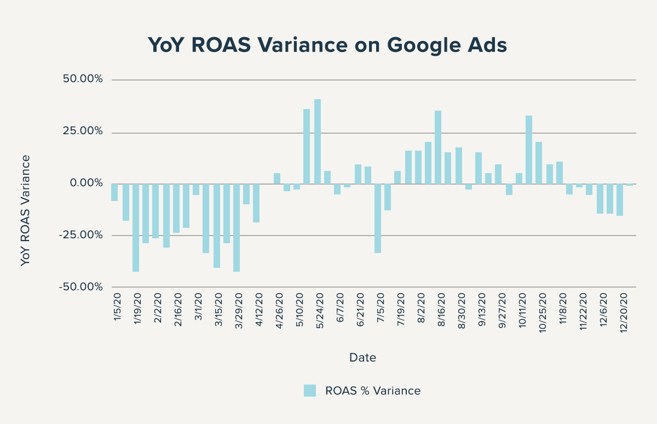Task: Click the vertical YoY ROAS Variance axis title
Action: tap(25, 210)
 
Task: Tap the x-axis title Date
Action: tap(362, 358)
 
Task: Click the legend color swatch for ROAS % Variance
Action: tap(310, 391)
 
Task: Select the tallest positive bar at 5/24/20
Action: tap(318, 141)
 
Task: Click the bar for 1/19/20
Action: tap(136, 227)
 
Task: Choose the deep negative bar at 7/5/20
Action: tap(378, 218)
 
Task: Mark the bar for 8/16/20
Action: tap(438, 147)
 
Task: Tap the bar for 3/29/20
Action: tap(237, 227)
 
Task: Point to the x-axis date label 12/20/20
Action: tap(624, 312)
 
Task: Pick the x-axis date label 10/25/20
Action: tap(543, 312)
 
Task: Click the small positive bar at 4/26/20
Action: tap(277, 178)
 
